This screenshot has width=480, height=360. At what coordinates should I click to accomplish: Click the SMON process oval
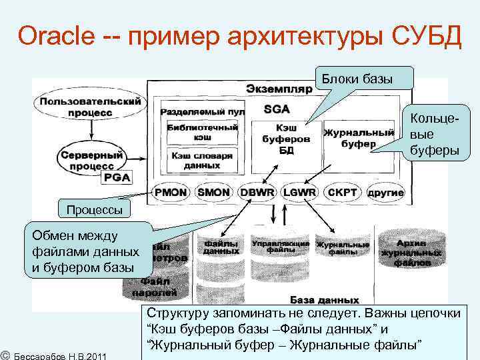tap(213, 192)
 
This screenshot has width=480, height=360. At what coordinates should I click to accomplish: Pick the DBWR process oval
tap(257, 192)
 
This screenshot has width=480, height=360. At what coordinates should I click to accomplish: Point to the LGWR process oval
tap(299, 192)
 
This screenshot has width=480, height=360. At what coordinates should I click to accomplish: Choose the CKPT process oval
tap(342, 192)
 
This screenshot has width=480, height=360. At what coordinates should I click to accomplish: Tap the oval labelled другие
tap(385, 192)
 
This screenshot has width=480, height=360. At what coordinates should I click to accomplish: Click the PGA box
tap(117, 177)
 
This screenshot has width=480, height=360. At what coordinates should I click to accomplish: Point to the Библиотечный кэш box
tap(194, 131)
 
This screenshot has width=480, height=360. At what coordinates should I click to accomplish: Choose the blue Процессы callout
tap(93, 210)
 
